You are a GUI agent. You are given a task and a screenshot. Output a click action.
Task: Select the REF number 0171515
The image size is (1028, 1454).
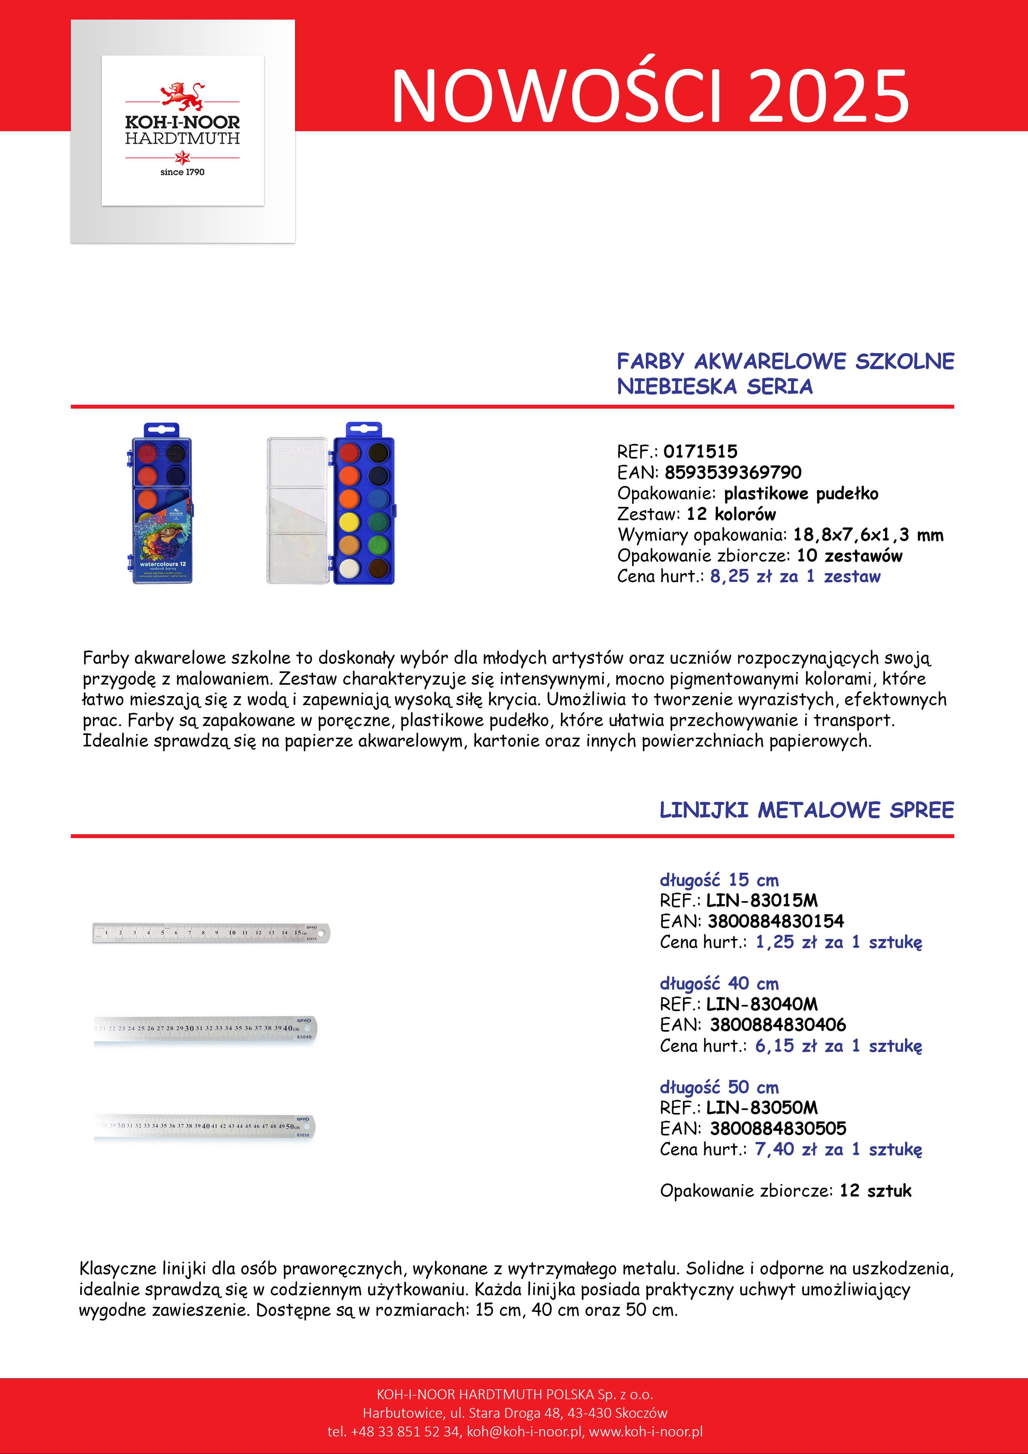pos(701,451)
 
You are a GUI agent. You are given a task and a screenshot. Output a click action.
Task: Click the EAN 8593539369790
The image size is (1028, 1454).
pos(733,472)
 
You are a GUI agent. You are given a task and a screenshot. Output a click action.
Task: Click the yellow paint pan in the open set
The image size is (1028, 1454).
pos(349,522)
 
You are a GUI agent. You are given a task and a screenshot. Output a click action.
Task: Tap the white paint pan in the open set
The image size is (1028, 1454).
pos(349,568)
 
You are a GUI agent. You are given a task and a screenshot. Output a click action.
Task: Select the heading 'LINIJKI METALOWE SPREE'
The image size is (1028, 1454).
pos(806,810)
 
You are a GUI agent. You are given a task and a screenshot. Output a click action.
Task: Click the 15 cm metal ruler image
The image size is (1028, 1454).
pos(211,933)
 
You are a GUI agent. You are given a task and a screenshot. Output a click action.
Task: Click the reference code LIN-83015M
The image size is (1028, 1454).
pos(762,900)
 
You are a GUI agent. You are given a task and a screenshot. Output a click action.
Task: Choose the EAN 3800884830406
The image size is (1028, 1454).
pos(778,1024)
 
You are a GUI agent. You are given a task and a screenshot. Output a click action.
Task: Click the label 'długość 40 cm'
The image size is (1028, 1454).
pos(719,983)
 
